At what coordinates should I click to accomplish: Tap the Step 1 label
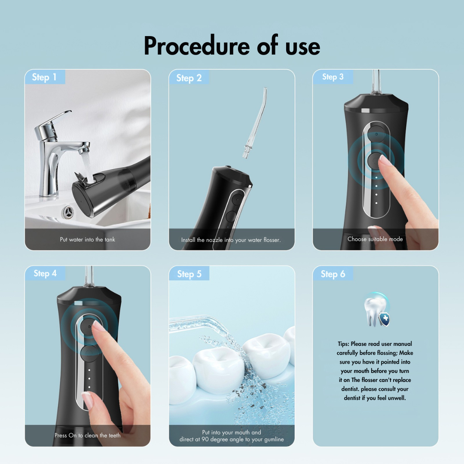coord(44,77)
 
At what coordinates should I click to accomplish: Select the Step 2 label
coord(189,78)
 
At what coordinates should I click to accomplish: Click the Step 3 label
coord(333,77)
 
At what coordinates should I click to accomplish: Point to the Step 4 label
coord(45,273)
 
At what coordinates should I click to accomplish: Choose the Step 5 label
coord(189,274)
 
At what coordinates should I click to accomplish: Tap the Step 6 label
coord(333,274)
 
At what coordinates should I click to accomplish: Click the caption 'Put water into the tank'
coord(88,239)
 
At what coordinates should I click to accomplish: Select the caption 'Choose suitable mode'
coord(375,239)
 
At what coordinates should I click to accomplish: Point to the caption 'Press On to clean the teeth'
coord(88,435)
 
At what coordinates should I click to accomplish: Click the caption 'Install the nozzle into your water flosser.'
coord(231,240)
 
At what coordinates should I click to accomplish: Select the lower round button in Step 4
coord(88,354)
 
